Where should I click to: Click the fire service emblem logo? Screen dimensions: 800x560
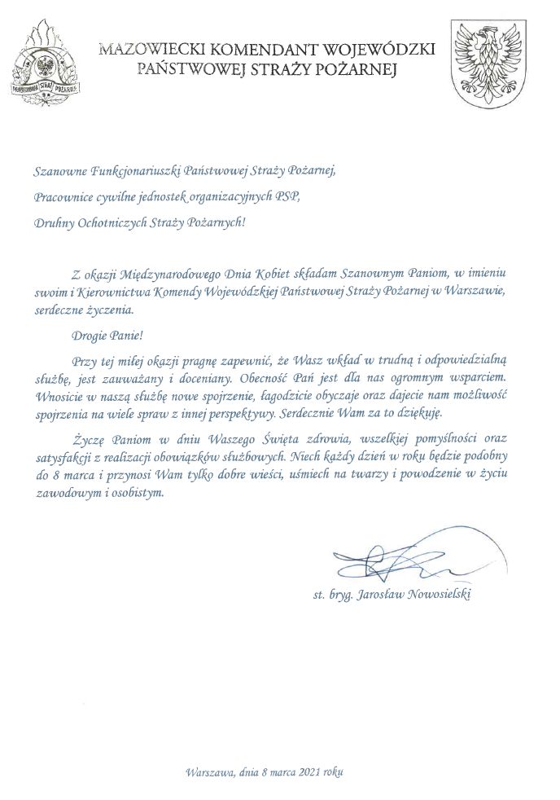(x=46, y=64)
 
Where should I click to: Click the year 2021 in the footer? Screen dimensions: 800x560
(x=308, y=771)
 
